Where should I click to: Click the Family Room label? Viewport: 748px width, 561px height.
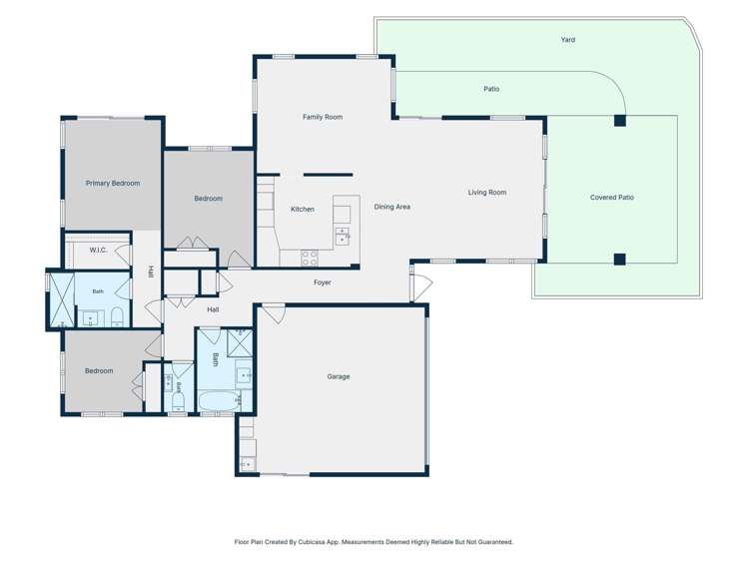point(323,117)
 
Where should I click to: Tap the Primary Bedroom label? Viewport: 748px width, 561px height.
point(113,183)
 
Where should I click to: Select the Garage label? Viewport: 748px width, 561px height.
point(339,376)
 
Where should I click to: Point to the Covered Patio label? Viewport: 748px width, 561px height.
point(612,198)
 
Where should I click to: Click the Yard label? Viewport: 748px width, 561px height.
point(567,40)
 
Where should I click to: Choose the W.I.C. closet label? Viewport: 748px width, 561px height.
point(98,251)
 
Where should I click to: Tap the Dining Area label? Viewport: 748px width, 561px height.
point(392,207)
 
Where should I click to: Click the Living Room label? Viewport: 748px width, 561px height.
point(487,192)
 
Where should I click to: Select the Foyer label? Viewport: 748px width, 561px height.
point(323,282)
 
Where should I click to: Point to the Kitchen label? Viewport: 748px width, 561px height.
point(303,210)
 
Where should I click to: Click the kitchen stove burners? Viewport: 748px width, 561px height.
point(310,258)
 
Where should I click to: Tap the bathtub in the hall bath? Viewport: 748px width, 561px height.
point(218,401)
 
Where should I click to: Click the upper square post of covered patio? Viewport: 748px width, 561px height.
point(620,121)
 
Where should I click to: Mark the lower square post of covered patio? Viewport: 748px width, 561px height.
point(620,260)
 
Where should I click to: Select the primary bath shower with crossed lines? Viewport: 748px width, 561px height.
point(62,299)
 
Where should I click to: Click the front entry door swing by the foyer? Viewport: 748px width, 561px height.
point(422,287)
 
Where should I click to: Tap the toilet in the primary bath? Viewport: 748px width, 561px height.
point(117,317)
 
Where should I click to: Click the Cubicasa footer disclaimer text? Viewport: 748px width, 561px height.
point(374,542)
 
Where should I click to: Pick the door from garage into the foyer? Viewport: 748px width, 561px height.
point(275,313)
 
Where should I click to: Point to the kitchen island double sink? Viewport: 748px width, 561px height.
point(342,237)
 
